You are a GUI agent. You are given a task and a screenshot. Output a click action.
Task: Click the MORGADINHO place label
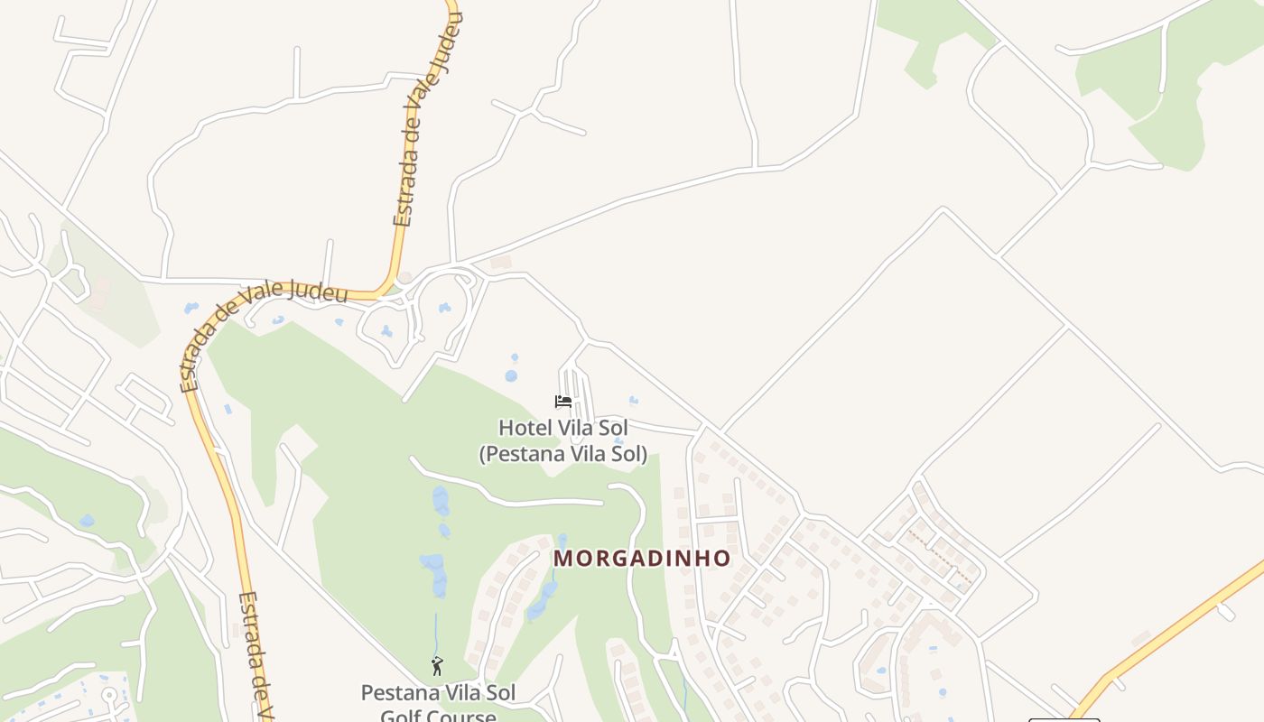641,558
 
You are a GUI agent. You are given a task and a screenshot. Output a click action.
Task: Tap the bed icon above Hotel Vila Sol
563,402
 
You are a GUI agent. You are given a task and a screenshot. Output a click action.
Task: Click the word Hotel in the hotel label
524,427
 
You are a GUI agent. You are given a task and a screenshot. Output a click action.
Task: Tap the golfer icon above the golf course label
437,667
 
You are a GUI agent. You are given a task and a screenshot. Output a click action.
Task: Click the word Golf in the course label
398,717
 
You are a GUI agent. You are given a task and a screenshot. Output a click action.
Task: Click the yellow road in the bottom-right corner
1174,632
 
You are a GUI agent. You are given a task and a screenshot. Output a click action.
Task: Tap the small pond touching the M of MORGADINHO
562,541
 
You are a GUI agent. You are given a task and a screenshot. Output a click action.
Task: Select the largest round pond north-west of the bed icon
511,375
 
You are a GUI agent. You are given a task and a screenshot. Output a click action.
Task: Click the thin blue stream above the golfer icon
435,632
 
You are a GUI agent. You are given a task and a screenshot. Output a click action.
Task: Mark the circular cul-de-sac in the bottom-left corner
110,695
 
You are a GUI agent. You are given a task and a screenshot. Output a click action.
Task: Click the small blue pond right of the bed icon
633,400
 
